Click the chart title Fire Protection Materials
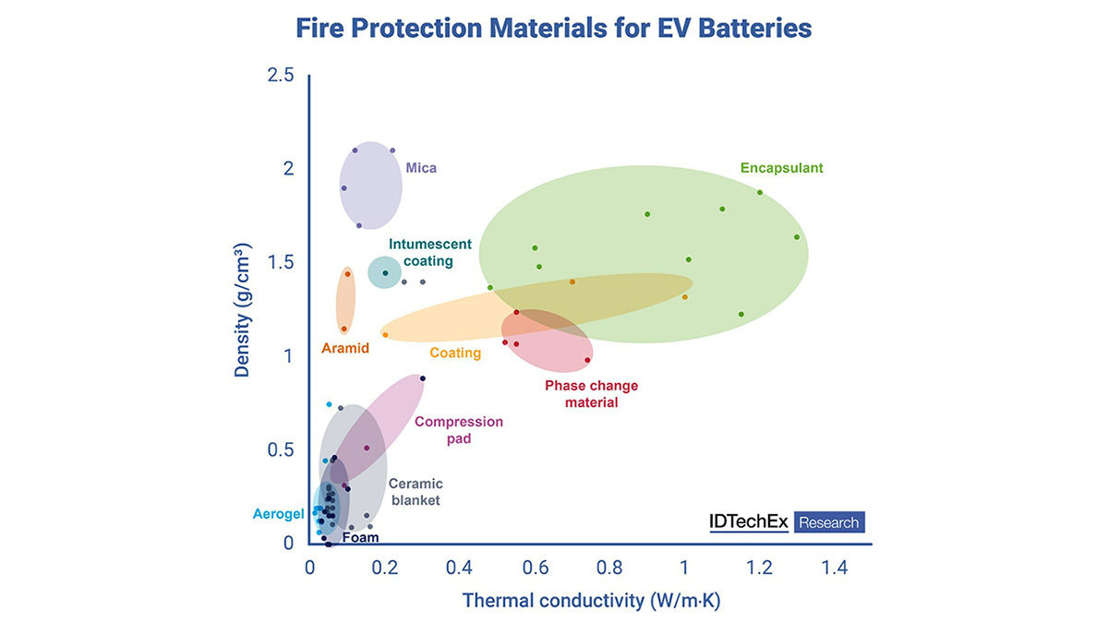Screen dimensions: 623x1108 (553, 28)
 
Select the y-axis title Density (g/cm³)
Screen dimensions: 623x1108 (243, 311)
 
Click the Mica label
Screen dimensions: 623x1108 (421, 168)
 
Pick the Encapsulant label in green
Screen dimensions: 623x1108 (781, 168)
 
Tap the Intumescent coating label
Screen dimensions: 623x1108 (429, 253)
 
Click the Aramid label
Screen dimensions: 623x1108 (345, 348)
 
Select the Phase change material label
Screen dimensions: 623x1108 (591, 393)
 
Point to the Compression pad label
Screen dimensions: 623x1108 (459, 430)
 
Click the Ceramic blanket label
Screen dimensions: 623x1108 (415, 492)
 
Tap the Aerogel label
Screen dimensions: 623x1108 (279, 513)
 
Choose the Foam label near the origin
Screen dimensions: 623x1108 (360, 537)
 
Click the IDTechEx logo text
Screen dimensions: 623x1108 (749, 521)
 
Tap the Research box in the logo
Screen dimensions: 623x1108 (828, 522)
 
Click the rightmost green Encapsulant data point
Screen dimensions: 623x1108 (797, 237)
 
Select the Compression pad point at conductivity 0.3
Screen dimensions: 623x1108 (423, 378)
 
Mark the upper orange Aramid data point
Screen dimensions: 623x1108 (348, 273)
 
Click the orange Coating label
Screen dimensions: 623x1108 (455, 353)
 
